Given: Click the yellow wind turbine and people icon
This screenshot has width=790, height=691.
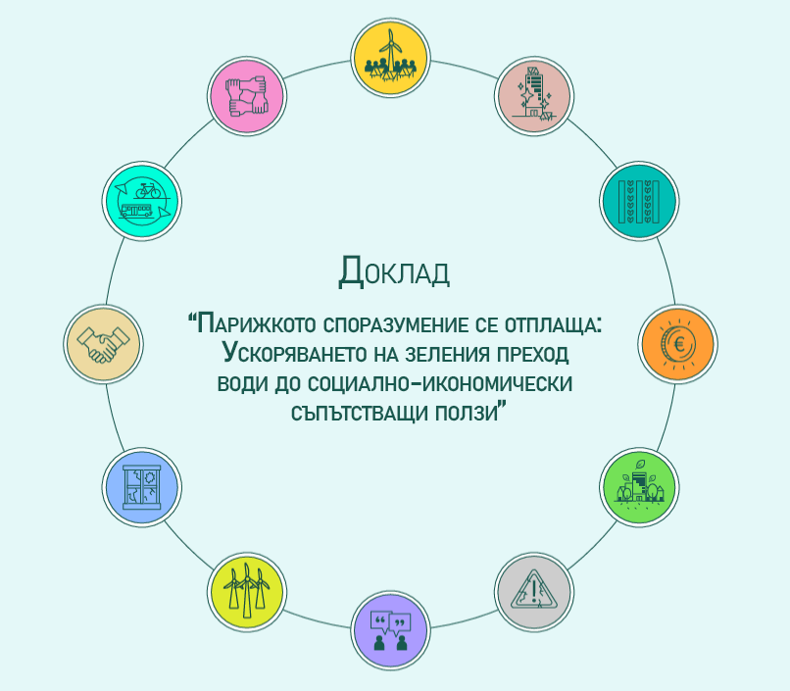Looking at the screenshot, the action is click(390, 58).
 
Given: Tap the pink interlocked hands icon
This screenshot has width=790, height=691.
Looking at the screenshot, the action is click(247, 96).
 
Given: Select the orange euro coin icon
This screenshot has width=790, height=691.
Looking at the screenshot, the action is click(677, 344).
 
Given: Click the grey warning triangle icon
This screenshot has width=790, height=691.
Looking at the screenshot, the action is click(534, 592).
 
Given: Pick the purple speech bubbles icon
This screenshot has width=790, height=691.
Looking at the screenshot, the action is click(390, 631).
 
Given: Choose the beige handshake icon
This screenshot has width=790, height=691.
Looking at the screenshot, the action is click(103, 344).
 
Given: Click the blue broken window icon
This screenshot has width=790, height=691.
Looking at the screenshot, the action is click(142, 487).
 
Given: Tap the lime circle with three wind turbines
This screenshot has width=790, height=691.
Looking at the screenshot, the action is click(247, 592).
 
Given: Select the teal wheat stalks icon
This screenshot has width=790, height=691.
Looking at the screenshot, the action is click(639, 201).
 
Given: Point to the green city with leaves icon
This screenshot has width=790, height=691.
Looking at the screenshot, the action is click(639, 487).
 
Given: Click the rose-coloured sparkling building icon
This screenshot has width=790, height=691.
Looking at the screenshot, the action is click(534, 96).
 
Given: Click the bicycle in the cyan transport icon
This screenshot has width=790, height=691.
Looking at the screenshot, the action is click(148, 191).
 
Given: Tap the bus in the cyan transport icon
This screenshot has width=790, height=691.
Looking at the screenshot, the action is click(136, 211).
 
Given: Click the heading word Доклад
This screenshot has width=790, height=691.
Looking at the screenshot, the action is click(394, 271).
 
